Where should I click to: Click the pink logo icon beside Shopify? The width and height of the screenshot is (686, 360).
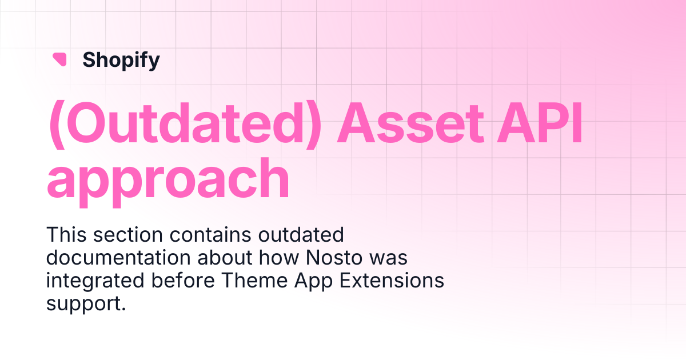59,59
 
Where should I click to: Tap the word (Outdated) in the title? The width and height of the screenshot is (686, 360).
185,125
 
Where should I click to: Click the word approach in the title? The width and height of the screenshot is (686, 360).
168,182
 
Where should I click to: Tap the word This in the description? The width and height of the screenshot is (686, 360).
66,235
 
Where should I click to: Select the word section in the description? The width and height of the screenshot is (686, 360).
128,235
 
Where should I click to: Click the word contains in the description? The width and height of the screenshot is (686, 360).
210,235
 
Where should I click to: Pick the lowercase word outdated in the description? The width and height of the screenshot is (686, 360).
301,235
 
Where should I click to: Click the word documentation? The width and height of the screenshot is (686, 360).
119,258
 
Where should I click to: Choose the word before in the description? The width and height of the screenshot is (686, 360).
183,281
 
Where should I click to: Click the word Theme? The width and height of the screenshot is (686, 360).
254,281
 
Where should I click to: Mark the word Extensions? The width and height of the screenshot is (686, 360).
392,281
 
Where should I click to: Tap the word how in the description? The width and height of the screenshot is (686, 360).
279,258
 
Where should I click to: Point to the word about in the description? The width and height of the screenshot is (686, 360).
225,258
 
